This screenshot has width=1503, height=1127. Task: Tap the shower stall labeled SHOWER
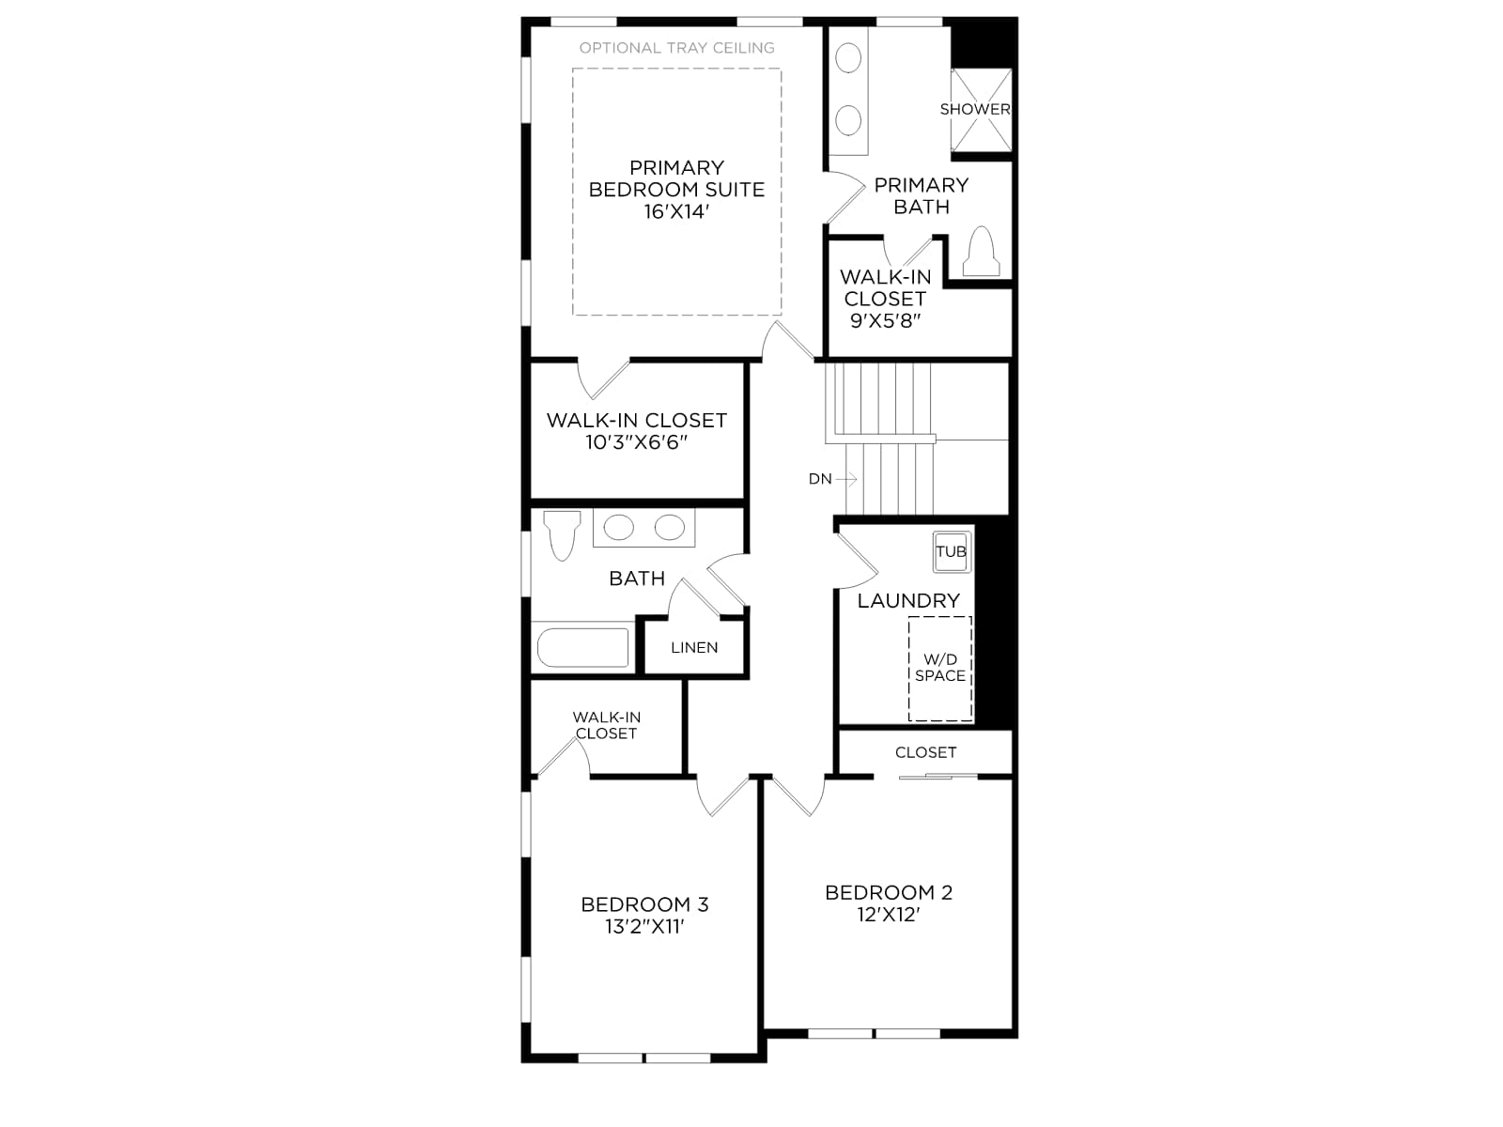981,110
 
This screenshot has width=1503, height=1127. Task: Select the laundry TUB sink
951,551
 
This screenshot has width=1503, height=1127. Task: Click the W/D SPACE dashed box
939,669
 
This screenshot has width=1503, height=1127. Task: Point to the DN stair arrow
846,479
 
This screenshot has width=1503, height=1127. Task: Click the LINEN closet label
694,647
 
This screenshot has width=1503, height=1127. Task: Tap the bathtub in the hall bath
582,647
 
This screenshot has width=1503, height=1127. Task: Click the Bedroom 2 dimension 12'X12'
888,915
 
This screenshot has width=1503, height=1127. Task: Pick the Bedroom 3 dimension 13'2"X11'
644,927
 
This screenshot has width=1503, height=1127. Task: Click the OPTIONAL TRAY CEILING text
676,48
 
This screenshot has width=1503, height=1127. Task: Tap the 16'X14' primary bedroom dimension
675,211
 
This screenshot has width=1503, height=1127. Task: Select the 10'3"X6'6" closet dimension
636,442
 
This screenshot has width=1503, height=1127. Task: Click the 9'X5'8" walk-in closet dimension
886,320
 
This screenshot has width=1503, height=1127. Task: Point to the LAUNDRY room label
908,601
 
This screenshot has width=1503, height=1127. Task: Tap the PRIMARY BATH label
921,195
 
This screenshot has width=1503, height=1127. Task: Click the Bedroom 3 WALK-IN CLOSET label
606,725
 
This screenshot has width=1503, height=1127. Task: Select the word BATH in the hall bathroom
637,579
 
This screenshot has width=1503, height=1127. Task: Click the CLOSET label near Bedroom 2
925,752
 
